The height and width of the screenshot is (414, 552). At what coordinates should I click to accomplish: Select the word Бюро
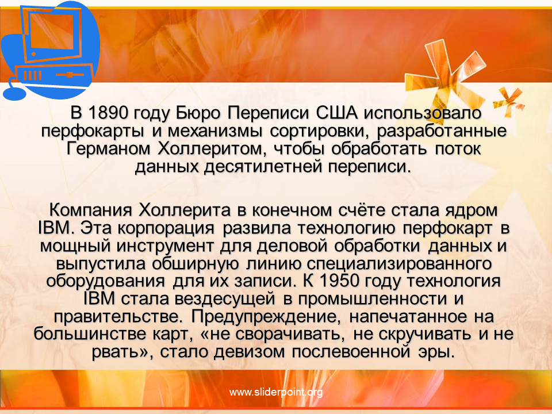click(x=198, y=114)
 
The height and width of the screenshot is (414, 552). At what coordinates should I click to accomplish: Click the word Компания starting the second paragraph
click(x=91, y=210)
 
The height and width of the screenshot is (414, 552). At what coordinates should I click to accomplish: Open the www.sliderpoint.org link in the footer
click(x=276, y=392)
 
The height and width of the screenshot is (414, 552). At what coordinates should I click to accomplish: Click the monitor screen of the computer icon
click(x=53, y=32)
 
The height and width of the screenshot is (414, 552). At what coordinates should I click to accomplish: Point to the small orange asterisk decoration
click(x=509, y=101)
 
